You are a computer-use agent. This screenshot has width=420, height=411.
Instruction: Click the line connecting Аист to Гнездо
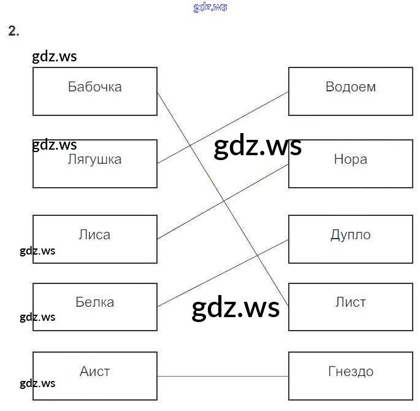(x=223, y=376)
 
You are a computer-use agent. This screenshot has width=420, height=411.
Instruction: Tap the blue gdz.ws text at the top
(x=210, y=7)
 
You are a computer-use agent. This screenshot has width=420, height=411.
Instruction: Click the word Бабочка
(x=95, y=86)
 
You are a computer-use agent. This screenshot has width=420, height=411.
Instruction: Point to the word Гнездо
(x=351, y=371)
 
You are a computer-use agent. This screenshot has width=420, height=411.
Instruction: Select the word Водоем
(x=351, y=86)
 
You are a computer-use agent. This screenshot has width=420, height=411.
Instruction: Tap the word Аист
(x=95, y=371)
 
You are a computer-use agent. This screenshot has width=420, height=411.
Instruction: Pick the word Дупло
(x=351, y=234)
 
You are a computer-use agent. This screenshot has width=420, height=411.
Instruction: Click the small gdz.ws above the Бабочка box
(x=54, y=57)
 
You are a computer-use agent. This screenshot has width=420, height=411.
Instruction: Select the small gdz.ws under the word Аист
(x=37, y=383)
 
